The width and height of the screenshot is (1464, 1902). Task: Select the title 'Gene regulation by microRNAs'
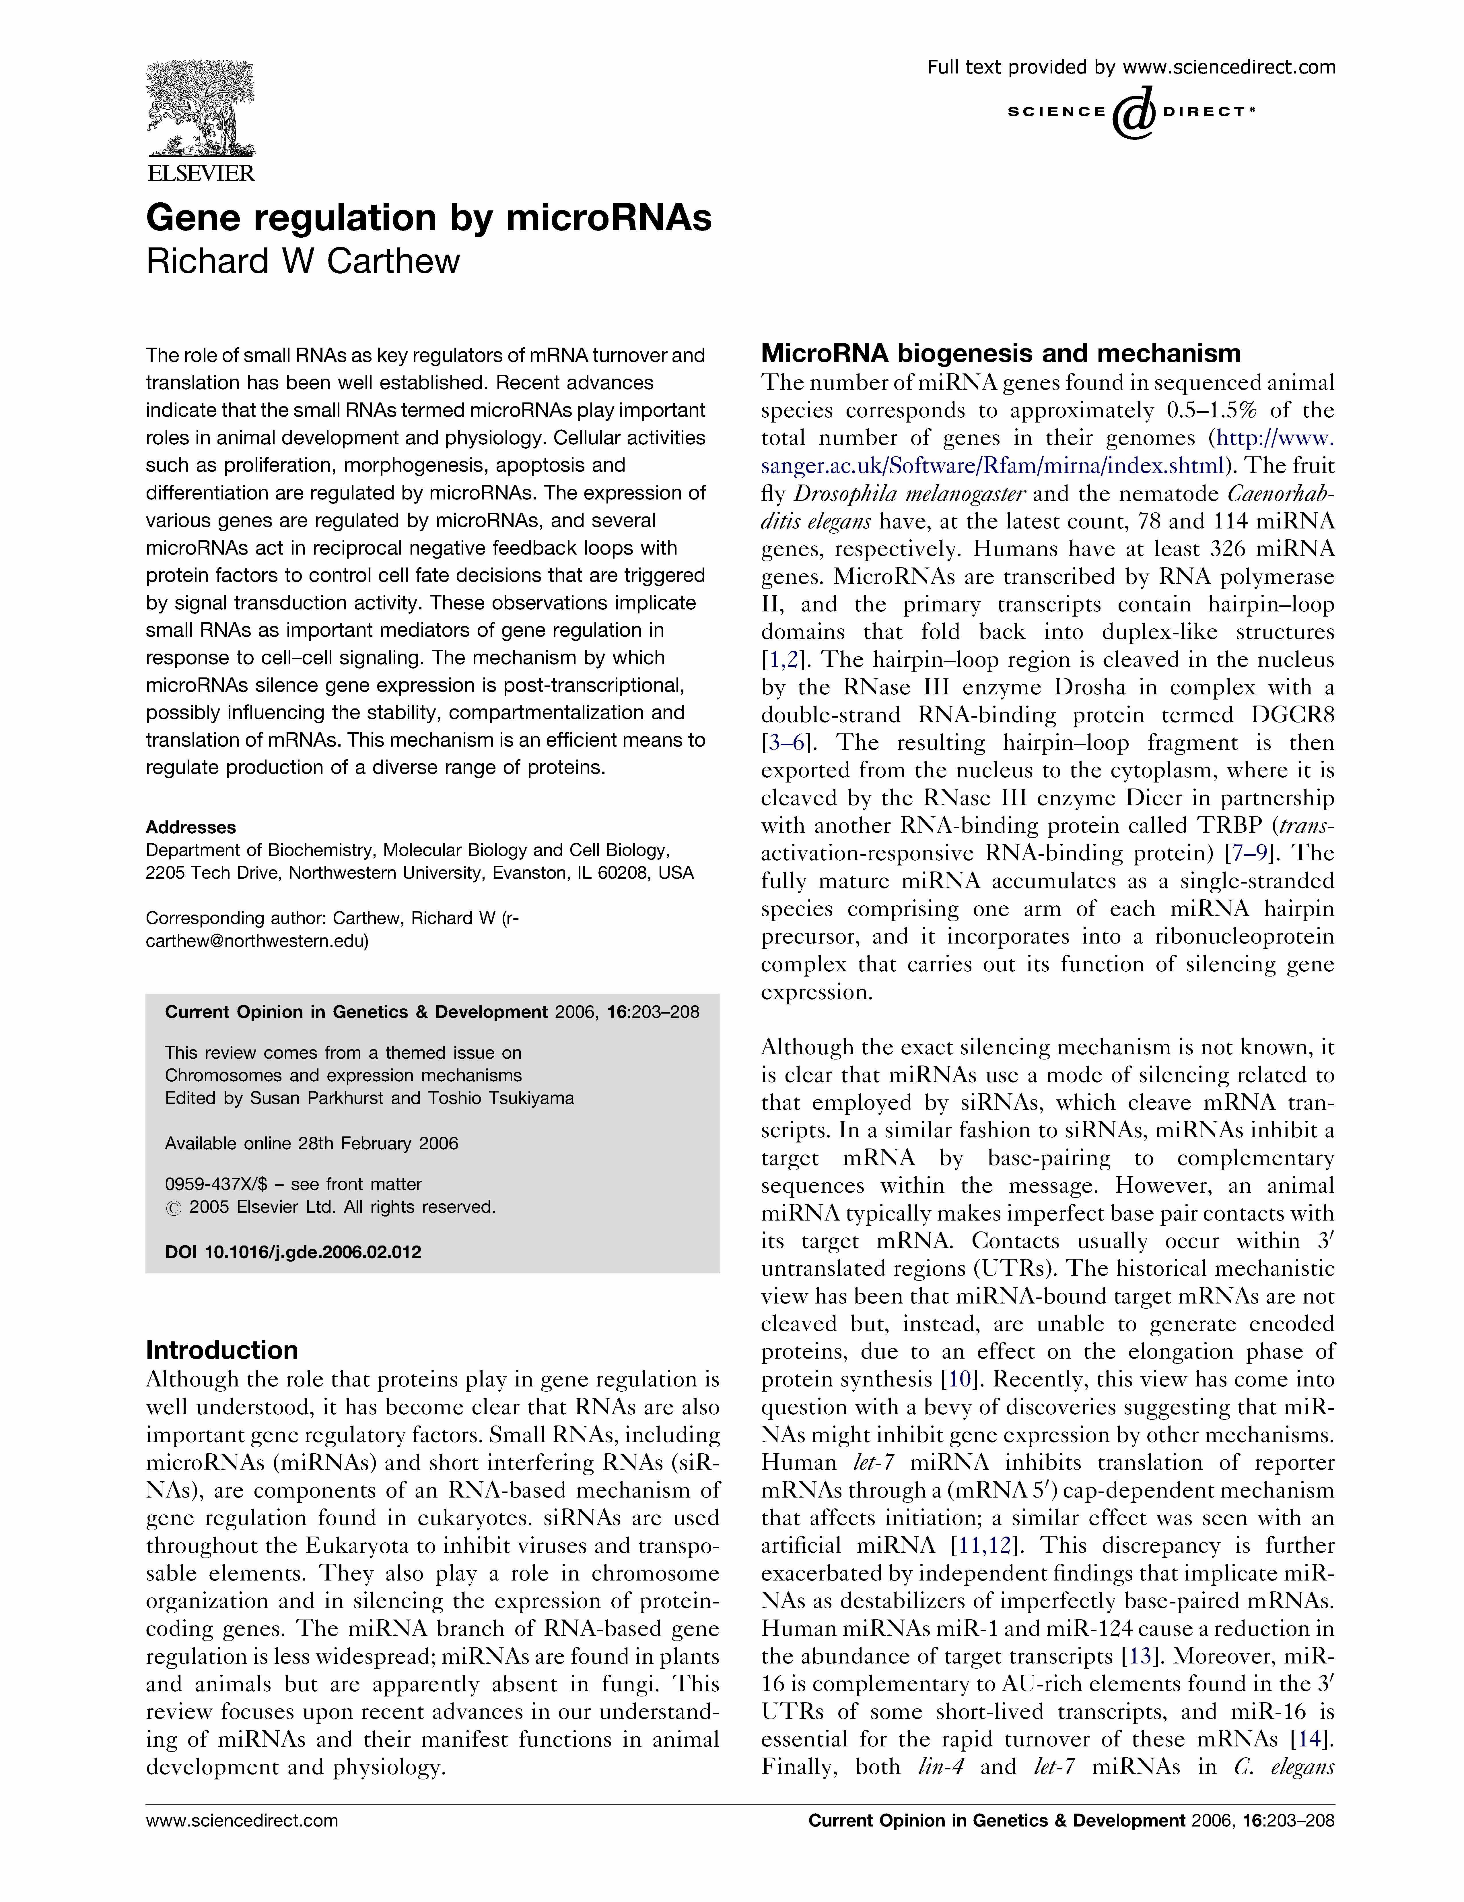click(428, 218)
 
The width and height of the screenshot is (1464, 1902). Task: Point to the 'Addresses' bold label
click(190, 827)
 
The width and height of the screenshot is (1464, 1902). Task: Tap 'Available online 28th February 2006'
click(312, 1143)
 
